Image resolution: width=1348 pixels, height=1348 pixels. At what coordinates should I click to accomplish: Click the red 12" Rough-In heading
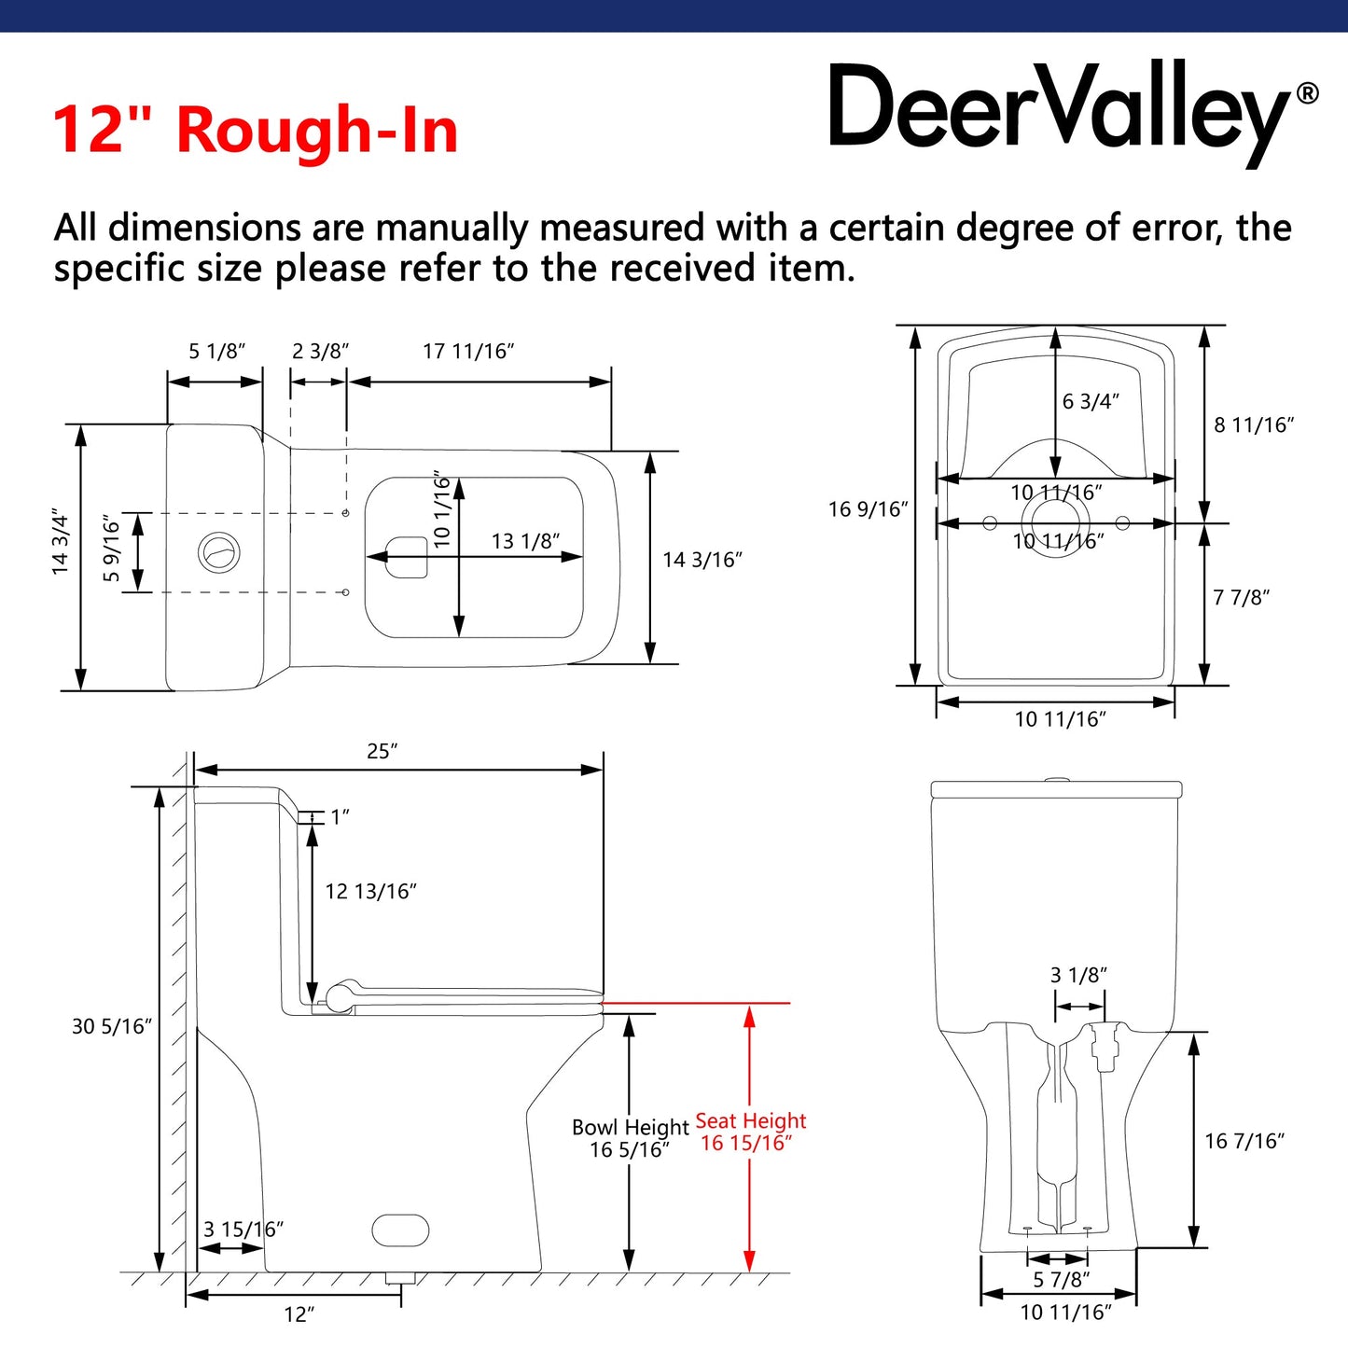point(255,130)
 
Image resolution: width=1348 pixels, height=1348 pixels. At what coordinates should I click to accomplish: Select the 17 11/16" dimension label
point(468,352)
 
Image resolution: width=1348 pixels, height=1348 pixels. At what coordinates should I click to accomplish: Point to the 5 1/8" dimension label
point(216,352)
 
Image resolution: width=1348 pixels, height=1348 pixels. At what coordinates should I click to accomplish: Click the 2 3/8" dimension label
point(320,352)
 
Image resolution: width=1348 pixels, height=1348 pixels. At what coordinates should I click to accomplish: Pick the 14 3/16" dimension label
point(702,560)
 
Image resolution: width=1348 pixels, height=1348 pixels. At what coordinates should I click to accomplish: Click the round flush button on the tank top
point(219,552)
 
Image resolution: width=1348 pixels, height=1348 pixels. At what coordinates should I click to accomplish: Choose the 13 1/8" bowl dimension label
point(525,541)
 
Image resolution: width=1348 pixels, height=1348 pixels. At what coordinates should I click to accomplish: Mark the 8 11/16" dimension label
point(1254,425)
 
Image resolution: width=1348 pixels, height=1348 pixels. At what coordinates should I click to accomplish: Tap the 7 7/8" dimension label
point(1241,598)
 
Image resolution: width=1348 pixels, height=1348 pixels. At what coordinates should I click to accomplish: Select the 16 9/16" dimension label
point(868,509)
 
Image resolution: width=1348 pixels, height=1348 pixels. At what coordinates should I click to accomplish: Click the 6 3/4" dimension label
point(1091,401)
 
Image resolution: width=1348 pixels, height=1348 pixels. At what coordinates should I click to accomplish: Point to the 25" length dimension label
point(382,752)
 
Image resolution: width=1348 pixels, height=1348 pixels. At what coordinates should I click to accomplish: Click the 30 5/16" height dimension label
point(112,1027)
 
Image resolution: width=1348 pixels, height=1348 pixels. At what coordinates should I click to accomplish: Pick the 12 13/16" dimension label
point(370,892)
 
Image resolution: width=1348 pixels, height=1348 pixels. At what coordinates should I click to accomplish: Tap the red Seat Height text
point(750,1121)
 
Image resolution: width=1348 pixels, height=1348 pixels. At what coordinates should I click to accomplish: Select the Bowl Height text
point(630,1128)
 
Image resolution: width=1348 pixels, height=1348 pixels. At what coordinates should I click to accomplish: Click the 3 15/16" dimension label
point(243,1230)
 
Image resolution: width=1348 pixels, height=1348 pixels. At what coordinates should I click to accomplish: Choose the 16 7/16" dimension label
point(1244,1141)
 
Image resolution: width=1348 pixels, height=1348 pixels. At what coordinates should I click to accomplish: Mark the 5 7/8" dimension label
point(1061,1280)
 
